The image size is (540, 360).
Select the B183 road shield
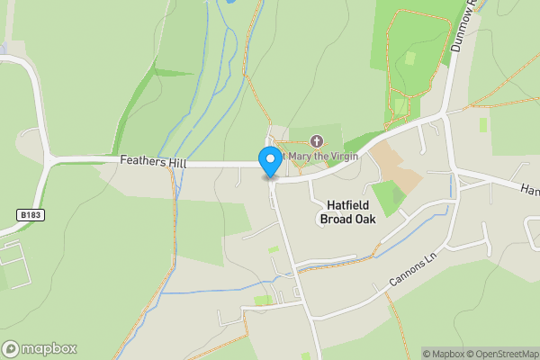30,215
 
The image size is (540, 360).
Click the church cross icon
316,141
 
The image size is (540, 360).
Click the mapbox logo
40,348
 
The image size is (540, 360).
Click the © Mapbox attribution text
445,354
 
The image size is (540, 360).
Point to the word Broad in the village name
338,219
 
